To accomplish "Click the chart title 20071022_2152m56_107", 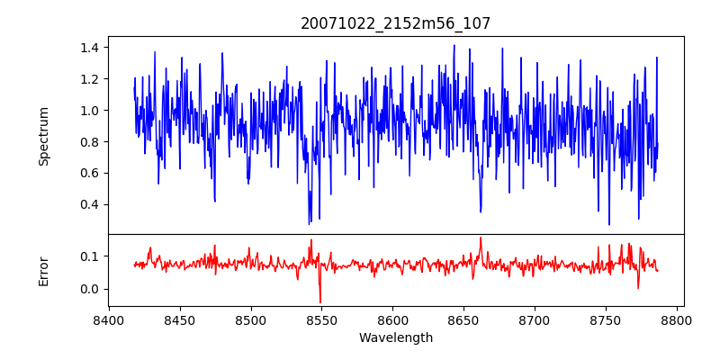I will pos(396,23).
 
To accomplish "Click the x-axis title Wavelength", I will pos(396,337).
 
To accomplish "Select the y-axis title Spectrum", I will pos(44,136).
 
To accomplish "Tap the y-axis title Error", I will pos(44,270).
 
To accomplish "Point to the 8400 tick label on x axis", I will pos(109,320).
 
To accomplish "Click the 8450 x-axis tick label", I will pos(180,320).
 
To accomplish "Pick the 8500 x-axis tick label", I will pos(251,320).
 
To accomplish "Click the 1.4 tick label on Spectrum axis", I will pos(90,48).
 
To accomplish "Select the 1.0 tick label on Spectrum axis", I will pos(90,111).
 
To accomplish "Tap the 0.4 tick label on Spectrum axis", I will pos(90,204).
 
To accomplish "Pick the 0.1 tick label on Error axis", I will pos(90,256).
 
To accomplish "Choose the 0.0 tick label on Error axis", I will pos(90,289).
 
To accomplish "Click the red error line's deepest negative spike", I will pos(320,301).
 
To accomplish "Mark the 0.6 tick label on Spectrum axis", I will pos(90,173).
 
